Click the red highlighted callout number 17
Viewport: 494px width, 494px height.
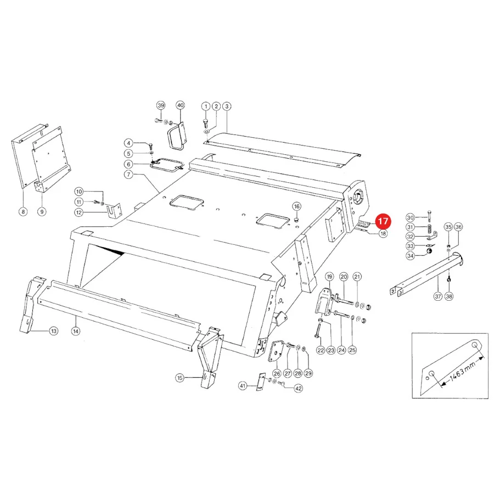click(383, 221)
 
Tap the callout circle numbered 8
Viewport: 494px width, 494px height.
click(23, 212)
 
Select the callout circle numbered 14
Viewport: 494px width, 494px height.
click(76, 331)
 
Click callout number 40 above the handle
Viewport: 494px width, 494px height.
click(180, 105)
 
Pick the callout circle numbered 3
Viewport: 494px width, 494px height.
click(227, 106)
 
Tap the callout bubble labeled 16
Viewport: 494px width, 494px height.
click(296, 206)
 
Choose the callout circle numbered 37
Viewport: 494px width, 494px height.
click(438, 296)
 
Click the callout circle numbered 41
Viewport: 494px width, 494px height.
click(243, 386)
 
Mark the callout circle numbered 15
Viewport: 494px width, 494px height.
click(179, 378)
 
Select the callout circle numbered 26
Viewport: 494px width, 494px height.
click(277, 373)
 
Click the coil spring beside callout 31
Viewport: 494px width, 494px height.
click(429, 227)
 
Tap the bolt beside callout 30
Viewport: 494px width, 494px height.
click(429, 217)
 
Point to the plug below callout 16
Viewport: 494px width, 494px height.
click(296, 219)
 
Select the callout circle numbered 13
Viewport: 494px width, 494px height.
click(54, 331)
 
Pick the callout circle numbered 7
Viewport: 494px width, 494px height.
click(128, 174)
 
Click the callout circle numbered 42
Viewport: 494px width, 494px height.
click(299, 389)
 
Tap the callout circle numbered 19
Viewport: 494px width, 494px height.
click(329, 277)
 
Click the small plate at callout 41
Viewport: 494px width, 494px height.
click(261, 382)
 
